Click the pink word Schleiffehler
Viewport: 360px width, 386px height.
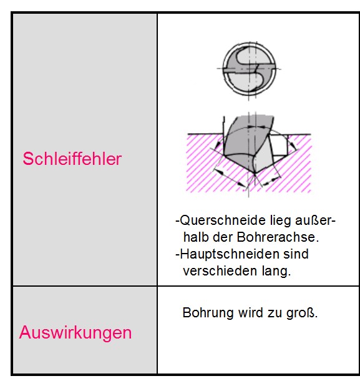click(x=72, y=159)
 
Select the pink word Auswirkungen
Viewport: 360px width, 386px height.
click(x=75, y=333)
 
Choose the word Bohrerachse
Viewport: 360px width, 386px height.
click(x=278, y=237)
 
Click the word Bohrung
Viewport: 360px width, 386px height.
click(x=208, y=313)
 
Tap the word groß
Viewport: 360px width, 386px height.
click(x=302, y=313)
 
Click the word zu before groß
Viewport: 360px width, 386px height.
click(x=275, y=313)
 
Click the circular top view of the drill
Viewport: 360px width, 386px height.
click(x=249, y=69)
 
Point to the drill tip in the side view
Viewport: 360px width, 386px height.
click(x=255, y=173)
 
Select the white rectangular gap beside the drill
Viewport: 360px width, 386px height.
click(x=280, y=146)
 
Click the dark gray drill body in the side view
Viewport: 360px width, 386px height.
click(x=241, y=141)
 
